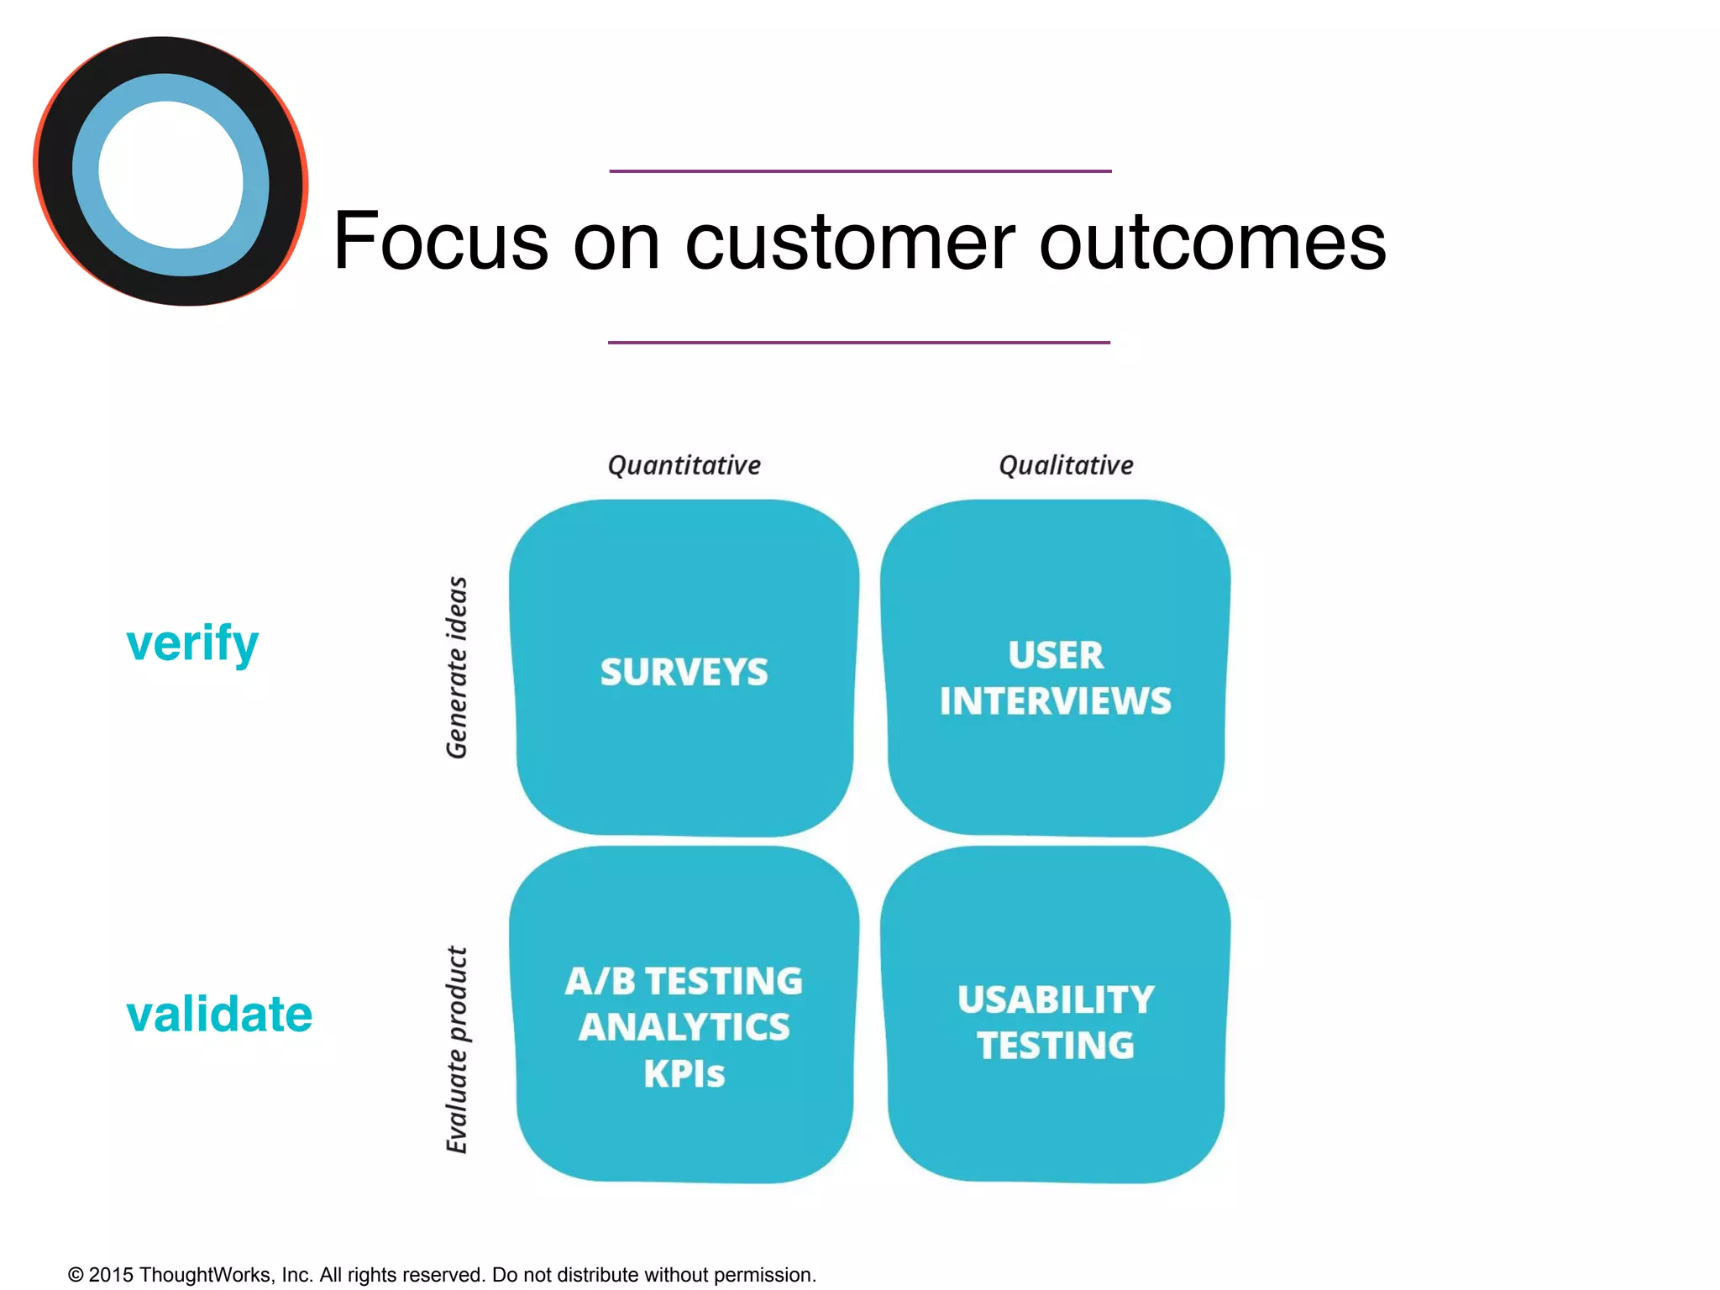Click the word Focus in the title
(441, 242)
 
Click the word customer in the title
(850, 242)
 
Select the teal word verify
(192, 644)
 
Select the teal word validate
(219, 1014)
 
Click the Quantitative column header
(684, 465)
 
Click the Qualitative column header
(1066, 465)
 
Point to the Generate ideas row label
(457, 668)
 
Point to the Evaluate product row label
(457, 1050)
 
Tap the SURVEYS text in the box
(684, 672)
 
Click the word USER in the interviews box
(1055, 655)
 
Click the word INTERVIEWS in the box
(1055, 701)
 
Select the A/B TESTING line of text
(684, 981)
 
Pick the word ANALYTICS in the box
(684, 1027)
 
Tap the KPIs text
(684, 1074)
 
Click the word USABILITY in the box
(1055, 999)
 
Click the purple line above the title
(860, 171)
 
